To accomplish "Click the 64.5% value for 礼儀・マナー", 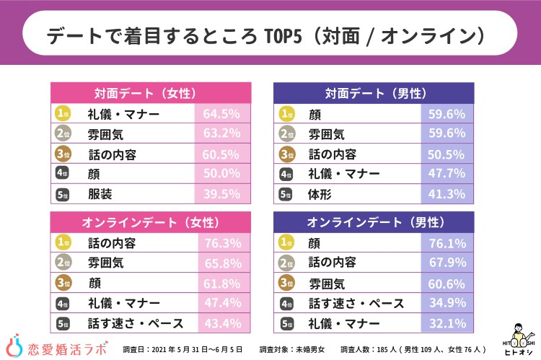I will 222,114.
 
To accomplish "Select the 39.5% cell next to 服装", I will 222,193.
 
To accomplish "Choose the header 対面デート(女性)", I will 150,93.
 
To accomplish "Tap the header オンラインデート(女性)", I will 150,221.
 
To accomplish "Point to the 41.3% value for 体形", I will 447,193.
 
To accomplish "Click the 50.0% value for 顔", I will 222,173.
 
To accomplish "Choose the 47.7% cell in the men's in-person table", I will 447,173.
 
